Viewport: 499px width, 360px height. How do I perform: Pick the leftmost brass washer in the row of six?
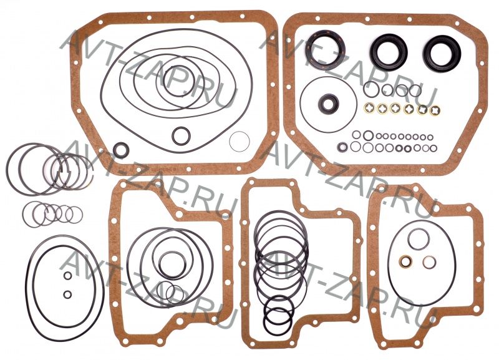[x=369, y=108]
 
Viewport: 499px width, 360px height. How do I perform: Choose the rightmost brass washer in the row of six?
[x=435, y=111]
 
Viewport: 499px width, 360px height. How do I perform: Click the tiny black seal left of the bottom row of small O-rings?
[x=342, y=147]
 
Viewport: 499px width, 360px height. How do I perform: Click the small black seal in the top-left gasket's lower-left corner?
[x=121, y=150]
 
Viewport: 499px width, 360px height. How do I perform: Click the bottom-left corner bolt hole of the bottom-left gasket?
[x=125, y=341]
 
